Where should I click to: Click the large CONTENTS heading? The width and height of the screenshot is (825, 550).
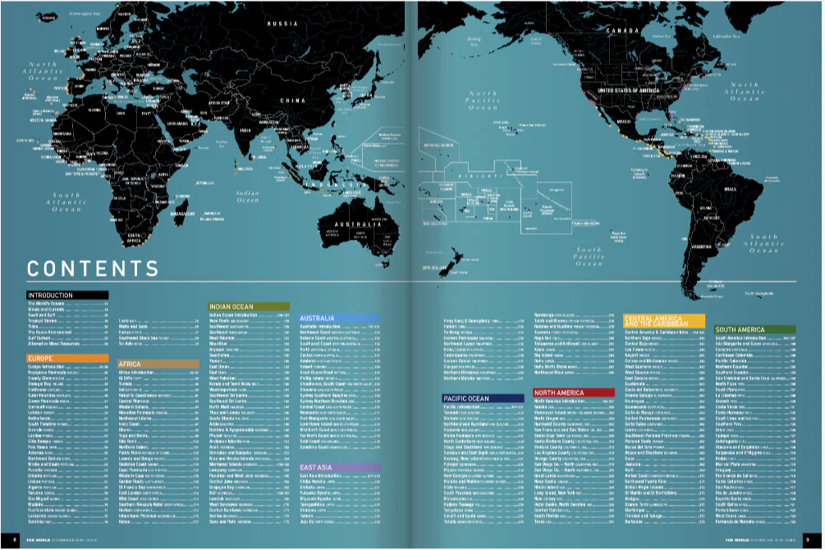(x=93, y=268)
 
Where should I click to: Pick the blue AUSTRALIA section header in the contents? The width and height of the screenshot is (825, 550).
(x=339, y=317)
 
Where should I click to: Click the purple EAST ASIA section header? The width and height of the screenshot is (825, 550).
(x=339, y=466)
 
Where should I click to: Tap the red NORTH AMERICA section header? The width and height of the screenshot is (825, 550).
(x=574, y=392)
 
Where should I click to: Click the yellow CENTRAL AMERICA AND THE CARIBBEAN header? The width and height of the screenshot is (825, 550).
(x=665, y=320)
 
